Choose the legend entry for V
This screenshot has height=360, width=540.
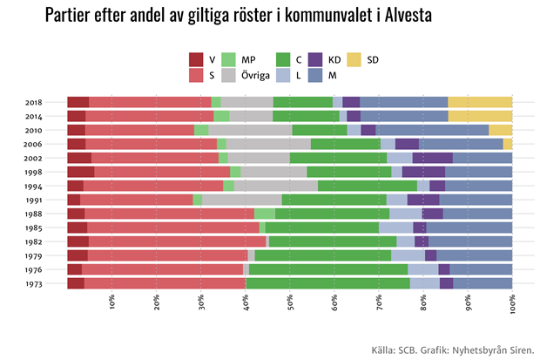click(196, 59)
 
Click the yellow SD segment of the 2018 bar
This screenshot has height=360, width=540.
click(480, 102)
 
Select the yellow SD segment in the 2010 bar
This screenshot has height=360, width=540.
click(501, 130)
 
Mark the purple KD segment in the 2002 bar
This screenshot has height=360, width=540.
click(433, 158)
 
